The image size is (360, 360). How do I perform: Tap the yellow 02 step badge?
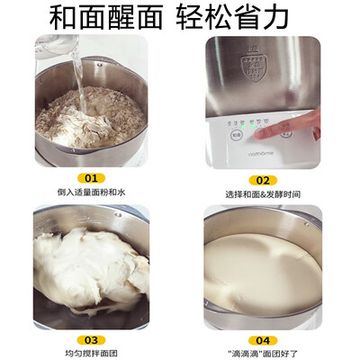pos(262,179)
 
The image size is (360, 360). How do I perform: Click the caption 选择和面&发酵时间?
pos(262,193)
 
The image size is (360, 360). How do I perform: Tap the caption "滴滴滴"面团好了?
pos(262,354)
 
